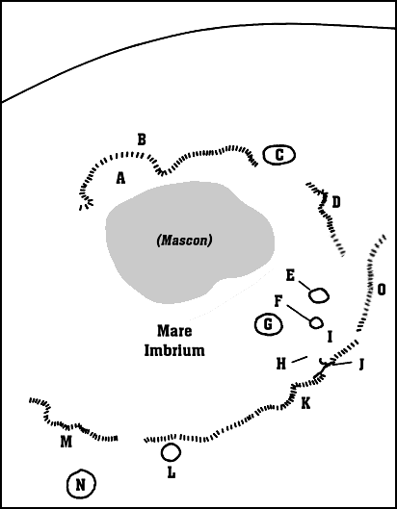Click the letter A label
click(120, 178)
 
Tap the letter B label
click(142, 140)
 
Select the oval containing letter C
click(279, 155)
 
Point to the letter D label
click(336, 202)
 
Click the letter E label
click(290, 276)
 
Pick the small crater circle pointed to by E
click(318, 295)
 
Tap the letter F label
click(278, 302)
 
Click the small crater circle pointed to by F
click(316, 322)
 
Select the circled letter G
click(268, 324)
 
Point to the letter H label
click(281, 365)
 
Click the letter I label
click(330, 337)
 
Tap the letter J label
click(360, 365)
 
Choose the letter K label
click(305, 403)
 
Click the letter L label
click(172, 472)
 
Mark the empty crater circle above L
click(171, 452)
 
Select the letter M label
click(66, 442)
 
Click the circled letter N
click(81, 484)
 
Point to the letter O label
click(382, 290)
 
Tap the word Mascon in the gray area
click(184, 241)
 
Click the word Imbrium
click(174, 350)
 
